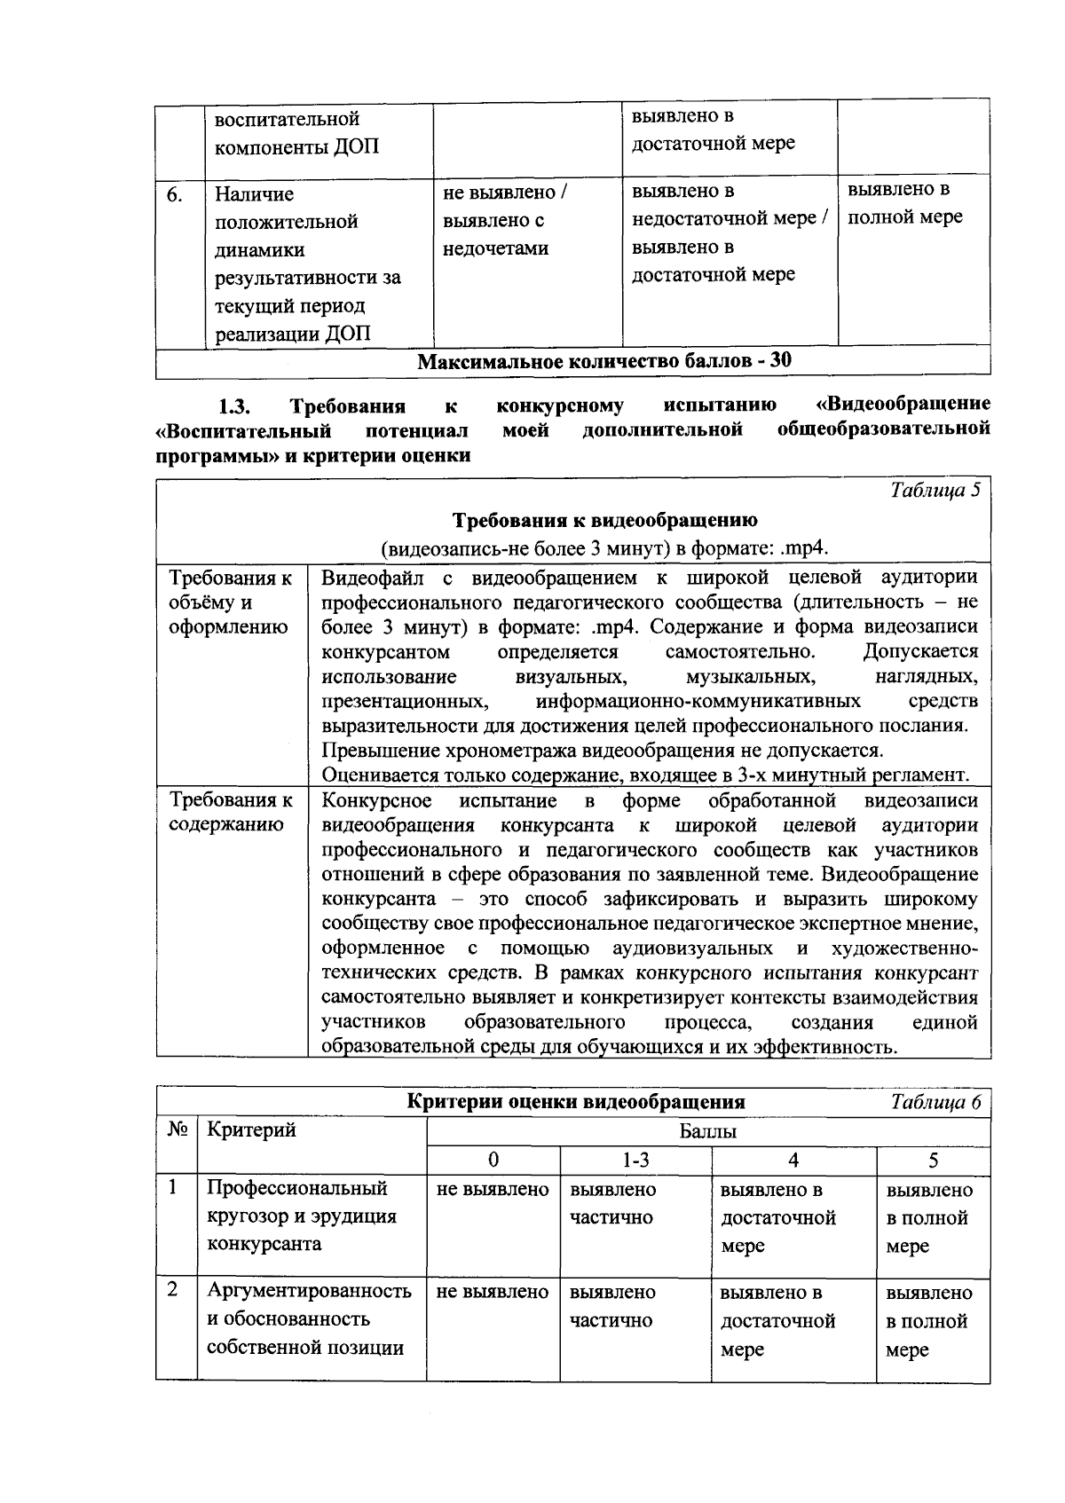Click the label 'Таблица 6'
click(935, 1103)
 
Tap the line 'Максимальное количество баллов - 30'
click(604, 360)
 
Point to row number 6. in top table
click(176, 194)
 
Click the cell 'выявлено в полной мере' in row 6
click(904, 204)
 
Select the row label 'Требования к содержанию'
click(231, 813)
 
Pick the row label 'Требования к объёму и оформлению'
click(231, 602)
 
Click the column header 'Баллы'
click(707, 1131)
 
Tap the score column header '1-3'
click(635, 1160)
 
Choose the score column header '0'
click(493, 1160)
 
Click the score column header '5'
click(933, 1160)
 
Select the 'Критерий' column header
click(251, 1129)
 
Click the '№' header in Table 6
click(176, 1129)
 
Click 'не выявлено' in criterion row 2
click(493, 1292)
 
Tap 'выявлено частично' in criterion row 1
click(612, 1203)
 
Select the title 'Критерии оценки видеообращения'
click(575, 1103)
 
